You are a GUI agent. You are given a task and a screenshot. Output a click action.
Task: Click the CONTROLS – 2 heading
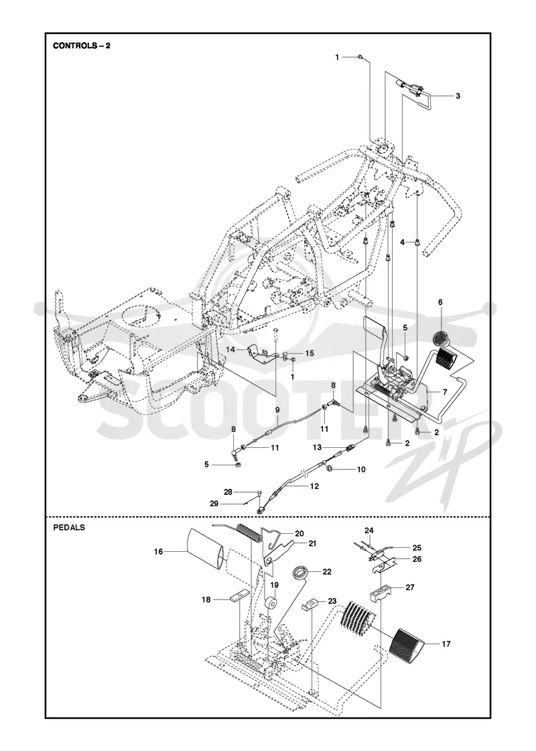(x=81, y=46)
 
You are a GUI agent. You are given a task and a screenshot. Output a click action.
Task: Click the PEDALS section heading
(x=69, y=527)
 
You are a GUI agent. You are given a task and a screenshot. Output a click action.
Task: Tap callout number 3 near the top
(x=458, y=96)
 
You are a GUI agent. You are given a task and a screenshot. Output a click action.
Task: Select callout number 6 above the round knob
(x=440, y=302)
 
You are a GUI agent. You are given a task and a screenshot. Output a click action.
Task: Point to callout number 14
(x=230, y=349)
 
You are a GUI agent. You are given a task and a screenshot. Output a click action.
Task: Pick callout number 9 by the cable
(x=277, y=410)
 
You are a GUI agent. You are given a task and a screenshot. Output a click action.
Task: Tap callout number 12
(x=314, y=485)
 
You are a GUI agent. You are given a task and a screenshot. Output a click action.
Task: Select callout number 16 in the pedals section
(x=158, y=552)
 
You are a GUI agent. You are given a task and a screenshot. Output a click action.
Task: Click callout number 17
(x=446, y=644)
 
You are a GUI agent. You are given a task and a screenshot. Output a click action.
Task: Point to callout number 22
(x=327, y=572)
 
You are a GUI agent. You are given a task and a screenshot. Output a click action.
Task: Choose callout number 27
(x=409, y=587)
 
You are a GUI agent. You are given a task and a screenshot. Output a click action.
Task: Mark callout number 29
(x=214, y=504)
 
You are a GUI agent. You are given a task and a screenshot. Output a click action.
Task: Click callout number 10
(x=361, y=469)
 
